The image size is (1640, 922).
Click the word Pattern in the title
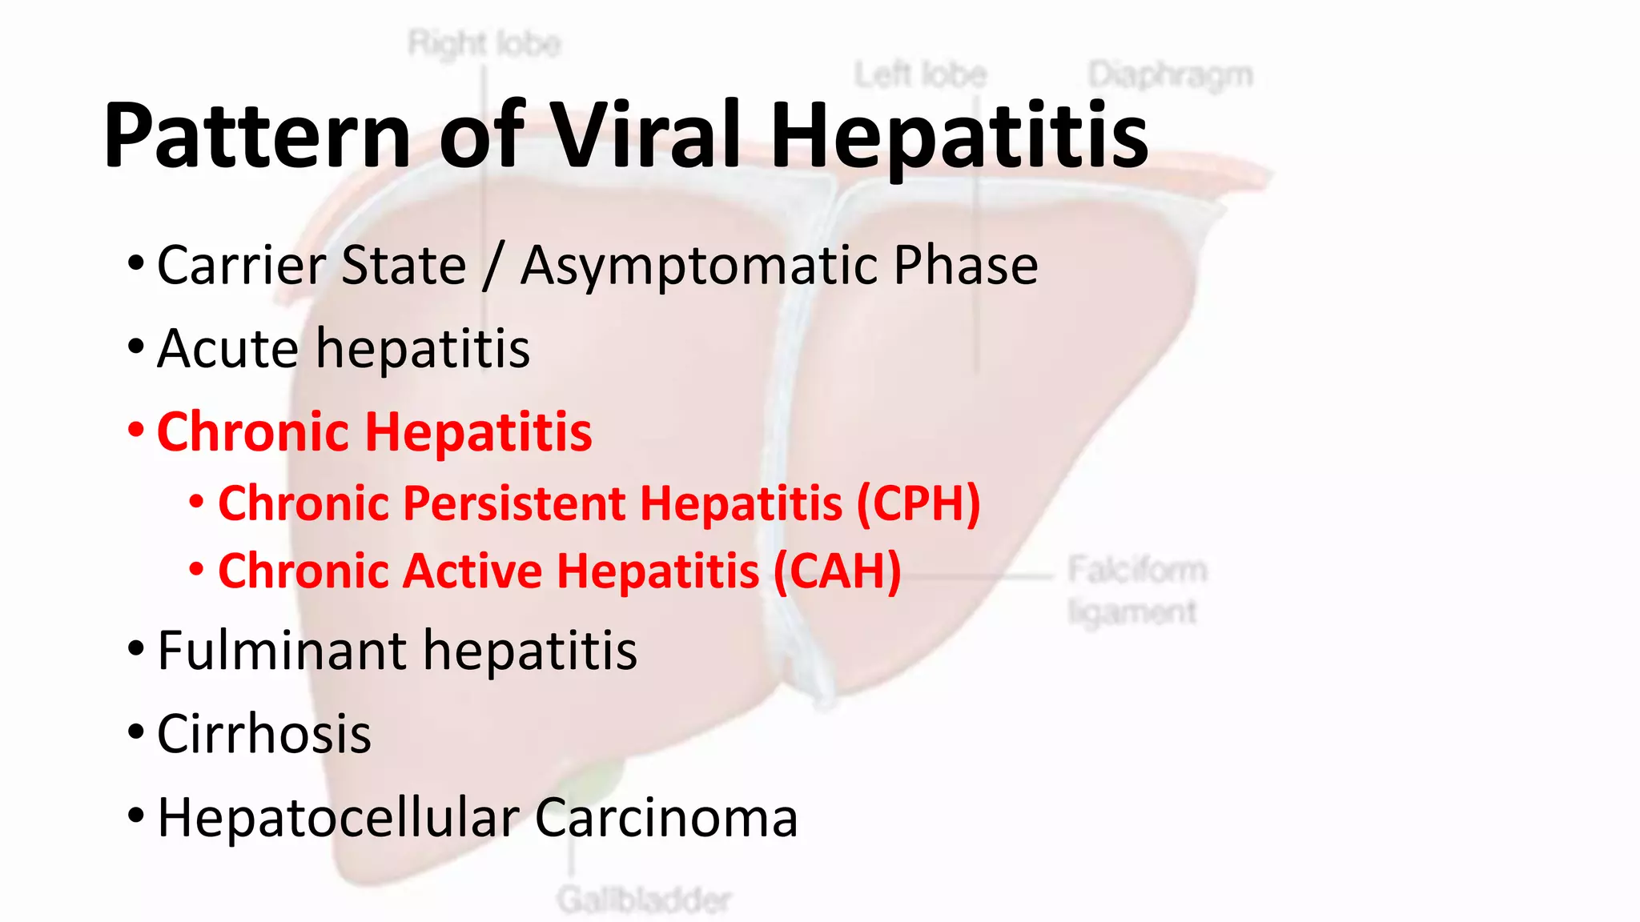(x=257, y=136)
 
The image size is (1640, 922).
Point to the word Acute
(x=228, y=349)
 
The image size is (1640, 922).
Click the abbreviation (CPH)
(x=918, y=504)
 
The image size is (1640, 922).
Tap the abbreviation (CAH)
(x=838, y=572)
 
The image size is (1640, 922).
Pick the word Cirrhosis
(x=264, y=734)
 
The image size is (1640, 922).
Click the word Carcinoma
(x=666, y=818)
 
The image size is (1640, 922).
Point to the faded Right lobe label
(x=484, y=43)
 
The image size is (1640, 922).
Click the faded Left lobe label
(x=921, y=75)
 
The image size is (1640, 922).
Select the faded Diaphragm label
(x=1171, y=75)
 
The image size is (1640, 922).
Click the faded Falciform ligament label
(x=1136, y=591)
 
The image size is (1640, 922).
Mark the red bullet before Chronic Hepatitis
(x=136, y=430)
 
